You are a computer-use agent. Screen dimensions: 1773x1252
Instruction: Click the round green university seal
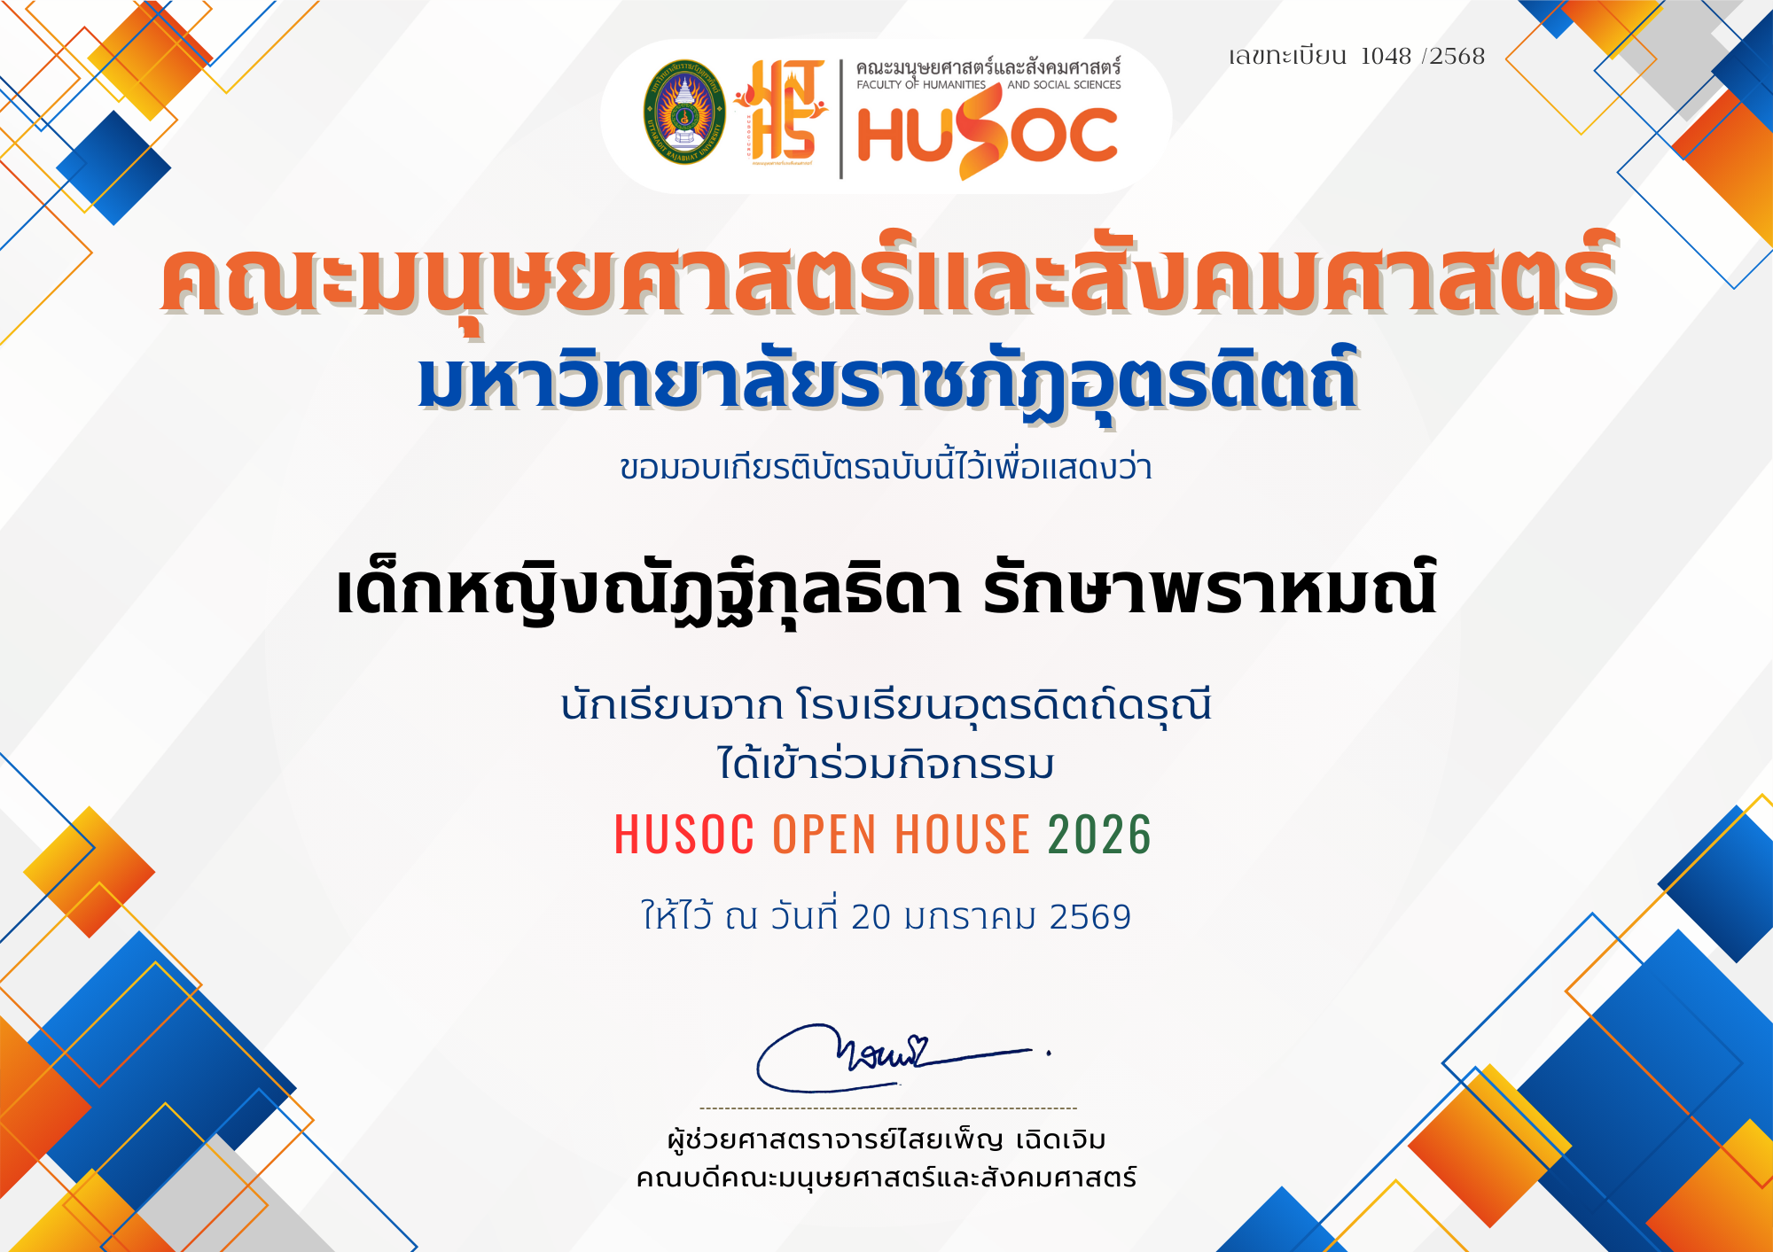pyautogui.click(x=683, y=113)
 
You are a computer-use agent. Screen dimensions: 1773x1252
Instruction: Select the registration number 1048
pyautogui.click(x=1386, y=56)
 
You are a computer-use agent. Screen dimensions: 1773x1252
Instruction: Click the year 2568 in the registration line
pyautogui.click(x=1457, y=56)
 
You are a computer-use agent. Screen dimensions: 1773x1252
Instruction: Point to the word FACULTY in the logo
pyautogui.click(x=879, y=85)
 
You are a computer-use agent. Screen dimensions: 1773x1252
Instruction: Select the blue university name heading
pyautogui.click(x=888, y=382)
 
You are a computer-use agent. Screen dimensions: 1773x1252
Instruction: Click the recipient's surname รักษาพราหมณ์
pyautogui.click(x=1209, y=589)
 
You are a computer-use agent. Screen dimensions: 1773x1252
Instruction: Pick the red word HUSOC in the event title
pyautogui.click(x=684, y=834)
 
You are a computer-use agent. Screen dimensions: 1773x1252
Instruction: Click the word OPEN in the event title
pyautogui.click(x=824, y=834)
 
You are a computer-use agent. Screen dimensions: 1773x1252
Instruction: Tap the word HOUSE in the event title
pyautogui.click(x=963, y=834)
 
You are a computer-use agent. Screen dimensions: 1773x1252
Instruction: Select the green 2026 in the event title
pyautogui.click(x=1100, y=834)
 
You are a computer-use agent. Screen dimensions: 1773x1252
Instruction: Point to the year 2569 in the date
pyautogui.click(x=1090, y=917)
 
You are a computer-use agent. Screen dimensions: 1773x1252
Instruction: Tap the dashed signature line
pyautogui.click(x=888, y=1108)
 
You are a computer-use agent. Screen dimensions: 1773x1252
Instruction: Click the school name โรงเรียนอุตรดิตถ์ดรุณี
pyautogui.click(x=1004, y=705)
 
